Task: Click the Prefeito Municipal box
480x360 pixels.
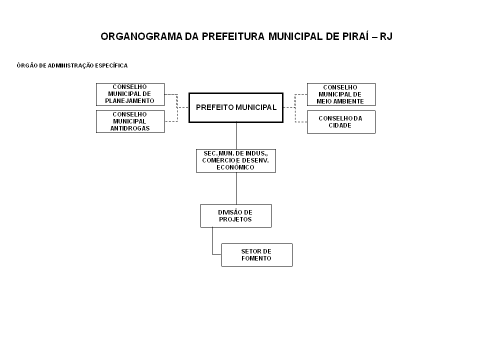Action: click(x=236, y=108)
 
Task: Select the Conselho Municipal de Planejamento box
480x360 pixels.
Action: click(x=130, y=94)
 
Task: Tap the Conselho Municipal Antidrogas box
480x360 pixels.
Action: click(x=130, y=121)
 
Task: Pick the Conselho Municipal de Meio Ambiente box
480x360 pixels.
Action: click(x=341, y=94)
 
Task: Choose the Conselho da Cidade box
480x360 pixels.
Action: click(x=341, y=122)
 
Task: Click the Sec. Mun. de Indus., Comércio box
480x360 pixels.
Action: click(x=236, y=160)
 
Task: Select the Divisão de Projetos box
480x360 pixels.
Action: click(x=236, y=216)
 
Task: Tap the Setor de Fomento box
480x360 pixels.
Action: click(x=257, y=255)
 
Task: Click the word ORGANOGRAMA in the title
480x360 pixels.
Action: click(x=141, y=36)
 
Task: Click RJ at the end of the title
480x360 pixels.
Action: click(x=386, y=36)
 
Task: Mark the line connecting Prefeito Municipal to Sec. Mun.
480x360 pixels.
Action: click(x=236, y=136)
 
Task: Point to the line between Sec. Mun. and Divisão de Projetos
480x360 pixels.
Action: click(x=236, y=188)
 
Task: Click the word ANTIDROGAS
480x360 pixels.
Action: click(x=130, y=128)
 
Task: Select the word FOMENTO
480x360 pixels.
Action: click(x=256, y=258)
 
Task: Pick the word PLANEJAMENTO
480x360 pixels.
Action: click(x=130, y=100)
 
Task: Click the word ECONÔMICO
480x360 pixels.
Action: click(x=235, y=167)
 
